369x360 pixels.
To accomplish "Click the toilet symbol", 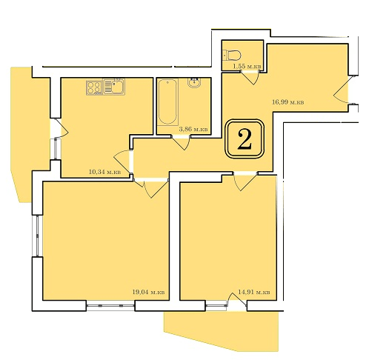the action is [x=231, y=55].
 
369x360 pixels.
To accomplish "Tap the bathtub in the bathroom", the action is [x=168, y=101].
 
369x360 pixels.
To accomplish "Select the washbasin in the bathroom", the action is [x=194, y=82].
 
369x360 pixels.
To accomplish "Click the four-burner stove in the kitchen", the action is [x=94, y=87].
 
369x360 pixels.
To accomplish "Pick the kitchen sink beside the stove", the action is [x=113, y=87].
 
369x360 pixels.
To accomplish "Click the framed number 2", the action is [x=245, y=139].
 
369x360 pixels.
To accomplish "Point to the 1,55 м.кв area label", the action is [x=247, y=66].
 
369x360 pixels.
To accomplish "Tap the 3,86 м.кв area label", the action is [x=193, y=130].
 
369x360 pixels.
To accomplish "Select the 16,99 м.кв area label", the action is [x=288, y=102].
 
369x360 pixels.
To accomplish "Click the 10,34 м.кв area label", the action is [x=104, y=172].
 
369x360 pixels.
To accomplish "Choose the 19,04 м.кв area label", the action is [x=149, y=292].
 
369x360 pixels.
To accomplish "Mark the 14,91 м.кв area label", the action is [x=254, y=292].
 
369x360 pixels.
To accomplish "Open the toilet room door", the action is [x=250, y=77].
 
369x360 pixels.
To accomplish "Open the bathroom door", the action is [x=182, y=142].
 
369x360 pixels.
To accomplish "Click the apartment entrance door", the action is [x=342, y=90].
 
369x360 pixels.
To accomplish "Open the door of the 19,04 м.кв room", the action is [x=151, y=188].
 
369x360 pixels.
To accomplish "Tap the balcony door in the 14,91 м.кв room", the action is [x=237, y=300].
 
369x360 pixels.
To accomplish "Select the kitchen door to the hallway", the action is [x=123, y=161].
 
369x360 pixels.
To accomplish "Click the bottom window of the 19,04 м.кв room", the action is [x=110, y=306].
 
